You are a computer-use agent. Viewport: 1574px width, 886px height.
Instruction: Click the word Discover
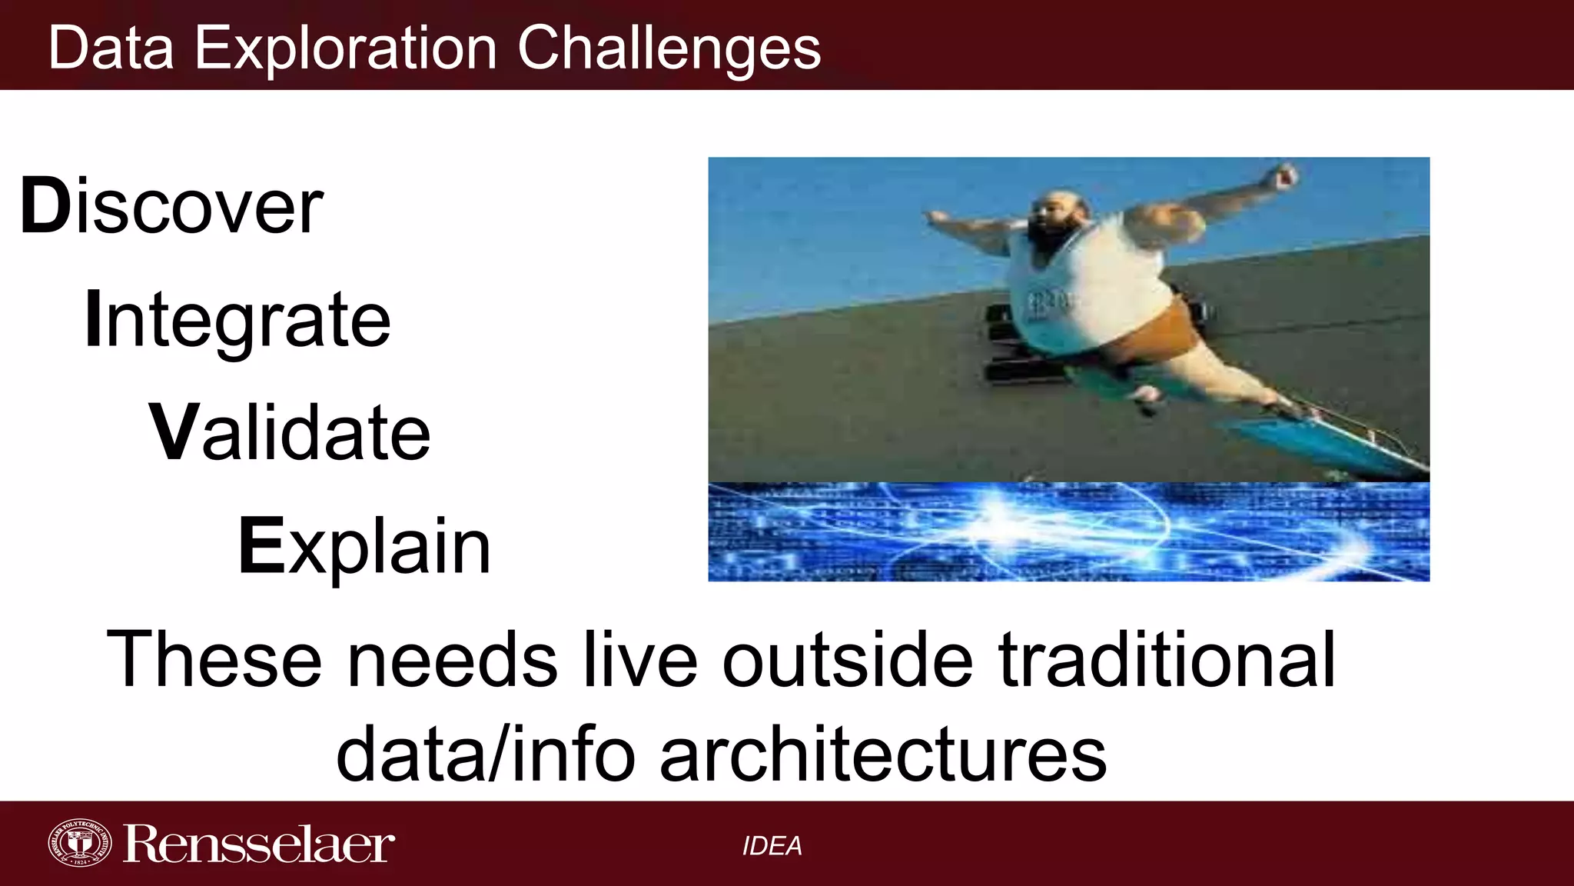click(171, 206)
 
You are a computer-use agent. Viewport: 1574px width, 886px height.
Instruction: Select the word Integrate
click(237, 319)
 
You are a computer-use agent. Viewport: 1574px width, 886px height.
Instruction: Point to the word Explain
click(364, 546)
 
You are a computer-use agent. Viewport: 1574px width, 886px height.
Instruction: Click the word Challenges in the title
click(669, 48)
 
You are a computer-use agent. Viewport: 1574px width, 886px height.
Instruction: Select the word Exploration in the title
click(346, 48)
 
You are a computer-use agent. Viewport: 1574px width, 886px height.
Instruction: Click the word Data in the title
click(111, 48)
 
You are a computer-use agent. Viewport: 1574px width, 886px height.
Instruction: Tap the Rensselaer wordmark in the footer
click(258, 844)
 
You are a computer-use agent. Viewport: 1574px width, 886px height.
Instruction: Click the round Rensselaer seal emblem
click(79, 844)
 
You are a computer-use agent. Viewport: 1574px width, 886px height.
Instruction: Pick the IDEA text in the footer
click(772, 846)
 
